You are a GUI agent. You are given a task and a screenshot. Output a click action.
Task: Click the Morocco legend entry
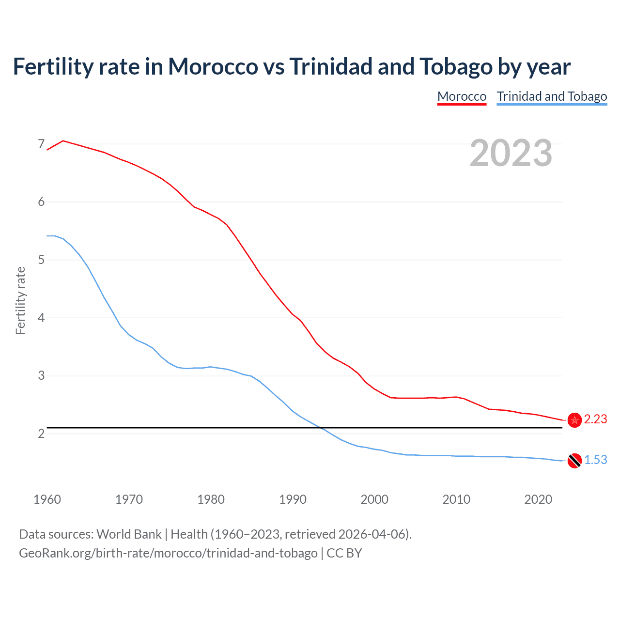pyautogui.click(x=462, y=96)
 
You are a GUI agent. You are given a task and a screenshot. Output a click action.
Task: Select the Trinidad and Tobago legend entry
pyautogui.click(x=552, y=96)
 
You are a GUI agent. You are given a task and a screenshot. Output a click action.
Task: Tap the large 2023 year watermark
pyautogui.click(x=511, y=153)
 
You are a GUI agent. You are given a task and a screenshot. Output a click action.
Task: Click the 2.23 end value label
pyautogui.click(x=595, y=419)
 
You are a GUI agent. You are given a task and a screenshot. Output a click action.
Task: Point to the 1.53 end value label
pyautogui.click(x=595, y=460)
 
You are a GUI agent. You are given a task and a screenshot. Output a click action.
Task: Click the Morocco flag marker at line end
pyautogui.click(x=574, y=420)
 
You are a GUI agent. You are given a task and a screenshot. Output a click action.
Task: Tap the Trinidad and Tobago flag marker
pyautogui.click(x=574, y=461)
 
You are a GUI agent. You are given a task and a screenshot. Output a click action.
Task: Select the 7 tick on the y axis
pyautogui.click(x=41, y=144)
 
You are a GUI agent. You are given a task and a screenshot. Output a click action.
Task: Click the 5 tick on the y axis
pyautogui.click(x=41, y=260)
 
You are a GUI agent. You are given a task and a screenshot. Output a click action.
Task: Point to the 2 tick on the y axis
pyautogui.click(x=41, y=434)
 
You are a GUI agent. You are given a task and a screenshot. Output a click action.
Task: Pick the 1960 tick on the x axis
pyautogui.click(x=47, y=499)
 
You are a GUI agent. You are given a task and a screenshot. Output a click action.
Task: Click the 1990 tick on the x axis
pyautogui.click(x=293, y=499)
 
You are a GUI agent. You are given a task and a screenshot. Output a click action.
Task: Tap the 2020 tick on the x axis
pyautogui.click(x=538, y=499)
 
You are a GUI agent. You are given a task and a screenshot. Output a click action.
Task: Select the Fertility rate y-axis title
pyautogui.click(x=20, y=300)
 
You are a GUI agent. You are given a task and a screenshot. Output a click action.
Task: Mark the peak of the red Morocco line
pyautogui.click(x=63, y=140)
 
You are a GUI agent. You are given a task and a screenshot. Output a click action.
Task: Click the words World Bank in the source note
pyautogui.click(x=129, y=534)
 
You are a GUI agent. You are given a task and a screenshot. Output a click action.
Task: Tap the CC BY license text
pyautogui.click(x=344, y=553)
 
